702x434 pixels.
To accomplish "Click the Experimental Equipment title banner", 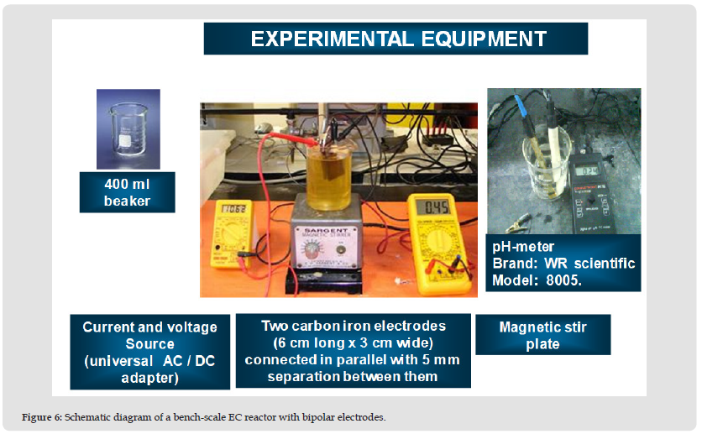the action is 396,39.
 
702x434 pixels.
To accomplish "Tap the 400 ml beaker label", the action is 127,192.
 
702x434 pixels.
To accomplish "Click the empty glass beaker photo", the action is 128,129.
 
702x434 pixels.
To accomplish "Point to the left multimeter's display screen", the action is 233,208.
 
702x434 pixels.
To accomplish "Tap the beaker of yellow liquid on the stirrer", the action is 328,178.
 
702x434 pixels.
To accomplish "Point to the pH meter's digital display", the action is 586,171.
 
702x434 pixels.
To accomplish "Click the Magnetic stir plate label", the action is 543,335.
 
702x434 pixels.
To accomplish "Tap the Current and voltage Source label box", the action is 150,352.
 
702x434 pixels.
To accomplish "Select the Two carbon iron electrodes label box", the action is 354,351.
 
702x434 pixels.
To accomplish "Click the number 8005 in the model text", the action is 563,280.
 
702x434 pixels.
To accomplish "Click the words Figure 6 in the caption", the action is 42,417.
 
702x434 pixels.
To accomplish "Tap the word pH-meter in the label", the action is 523,247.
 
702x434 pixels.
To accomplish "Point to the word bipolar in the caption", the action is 318,417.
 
